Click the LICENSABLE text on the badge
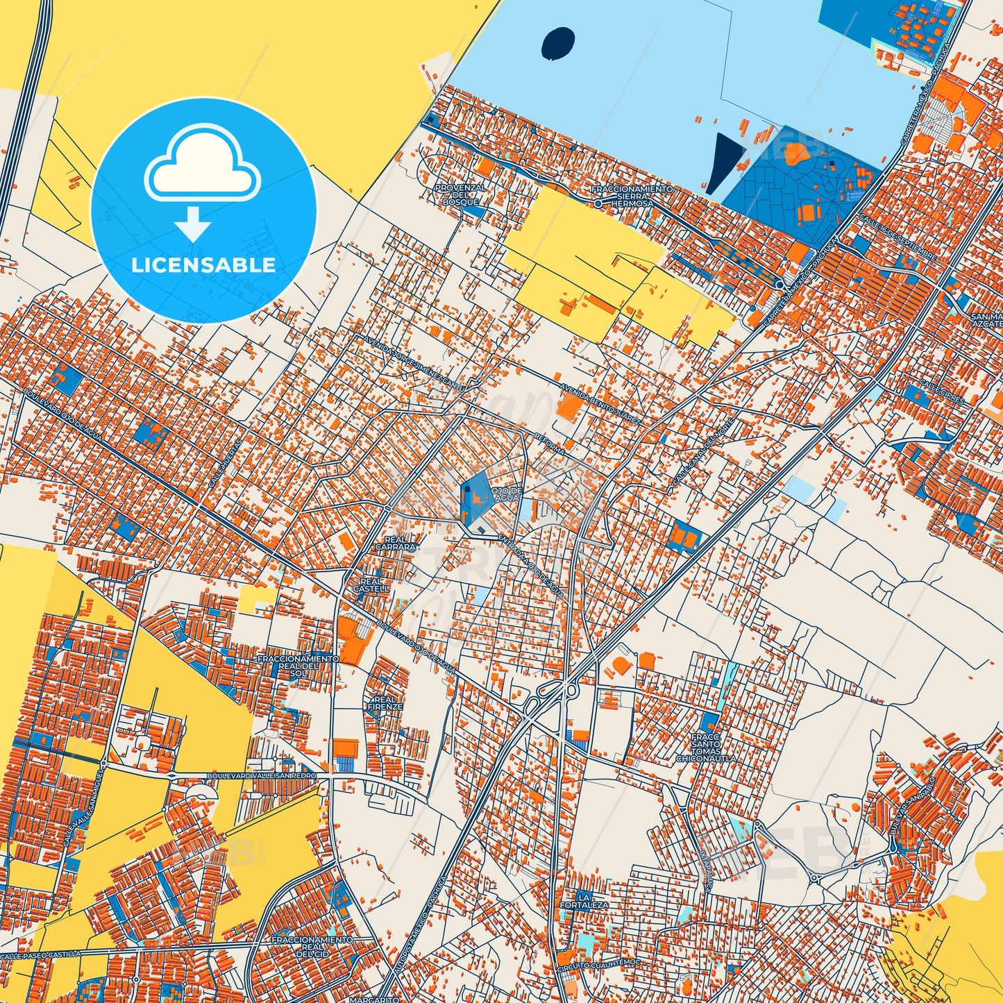click(203, 264)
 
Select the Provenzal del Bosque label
click(460, 194)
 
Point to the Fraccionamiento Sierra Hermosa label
click(632, 196)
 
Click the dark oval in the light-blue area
click(558, 43)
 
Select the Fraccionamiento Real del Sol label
click(298, 663)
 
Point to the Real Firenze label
click(385, 703)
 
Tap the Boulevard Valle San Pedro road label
click(261, 775)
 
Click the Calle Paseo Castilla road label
click(42, 955)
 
